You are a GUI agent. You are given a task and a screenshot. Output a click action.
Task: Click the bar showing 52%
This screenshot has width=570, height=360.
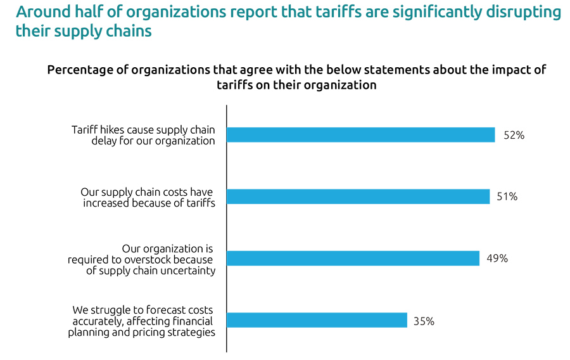[x=360, y=135]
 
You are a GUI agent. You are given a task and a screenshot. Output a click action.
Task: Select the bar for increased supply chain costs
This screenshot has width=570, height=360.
[x=358, y=196]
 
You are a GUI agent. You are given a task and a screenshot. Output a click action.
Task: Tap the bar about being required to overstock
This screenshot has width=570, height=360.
[x=353, y=258]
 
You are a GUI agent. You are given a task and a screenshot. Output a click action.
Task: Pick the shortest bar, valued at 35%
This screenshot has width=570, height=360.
[x=317, y=320]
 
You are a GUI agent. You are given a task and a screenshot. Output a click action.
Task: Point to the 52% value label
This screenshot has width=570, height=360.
[x=514, y=135]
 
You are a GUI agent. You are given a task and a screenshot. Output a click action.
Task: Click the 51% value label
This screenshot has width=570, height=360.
[x=507, y=196]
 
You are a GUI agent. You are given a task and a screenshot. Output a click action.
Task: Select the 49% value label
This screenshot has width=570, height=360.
[x=497, y=259]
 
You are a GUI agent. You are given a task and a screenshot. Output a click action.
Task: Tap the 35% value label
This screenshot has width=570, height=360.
[x=424, y=321]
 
